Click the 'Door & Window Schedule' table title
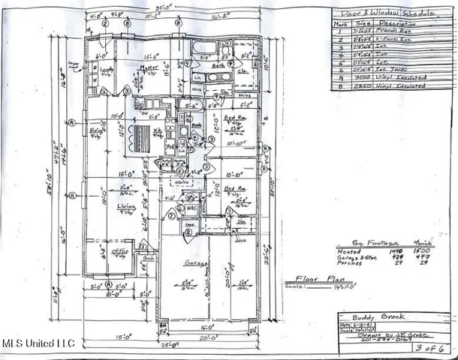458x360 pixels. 380,14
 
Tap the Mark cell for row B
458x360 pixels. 340,85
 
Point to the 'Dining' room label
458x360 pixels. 96,129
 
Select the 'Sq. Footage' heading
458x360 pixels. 358,244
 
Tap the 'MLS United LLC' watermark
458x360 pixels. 38,343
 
